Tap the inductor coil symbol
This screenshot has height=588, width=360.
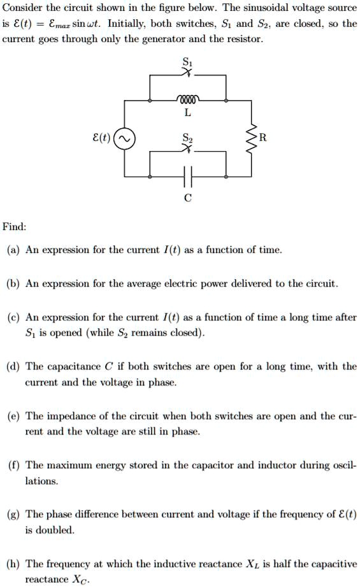point(187,100)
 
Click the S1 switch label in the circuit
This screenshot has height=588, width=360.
point(187,62)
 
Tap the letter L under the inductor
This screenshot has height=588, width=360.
point(187,113)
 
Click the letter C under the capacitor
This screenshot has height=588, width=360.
point(187,197)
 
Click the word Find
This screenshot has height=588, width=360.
point(14,227)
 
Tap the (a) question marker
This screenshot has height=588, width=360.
point(13,250)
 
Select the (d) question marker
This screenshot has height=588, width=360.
point(13,366)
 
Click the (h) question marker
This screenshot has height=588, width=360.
point(13,564)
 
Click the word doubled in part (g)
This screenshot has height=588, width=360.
point(55,530)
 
